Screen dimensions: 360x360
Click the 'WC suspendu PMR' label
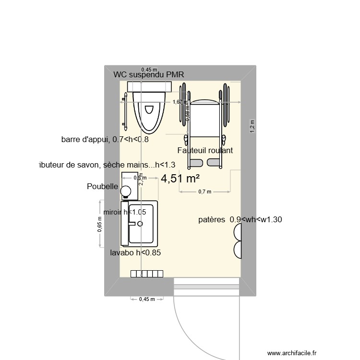pyautogui.click(x=149, y=74)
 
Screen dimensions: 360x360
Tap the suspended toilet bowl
pyautogui.click(x=149, y=111)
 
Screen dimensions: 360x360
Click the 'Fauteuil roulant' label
pyautogui.click(x=205, y=150)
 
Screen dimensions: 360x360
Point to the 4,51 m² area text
pyautogui.click(x=180, y=179)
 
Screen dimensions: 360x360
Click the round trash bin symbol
pyautogui.click(x=126, y=191)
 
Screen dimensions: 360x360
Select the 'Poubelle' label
pyautogui.click(x=102, y=186)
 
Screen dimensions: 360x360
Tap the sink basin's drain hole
pyautogui.click(x=140, y=223)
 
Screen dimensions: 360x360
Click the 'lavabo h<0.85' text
pyautogui.click(x=135, y=253)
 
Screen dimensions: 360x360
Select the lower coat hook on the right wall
pyautogui.click(x=238, y=250)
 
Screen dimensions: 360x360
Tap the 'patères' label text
pyautogui.click(x=212, y=220)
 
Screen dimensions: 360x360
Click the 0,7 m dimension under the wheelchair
pyautogui.click(x=205, y=192)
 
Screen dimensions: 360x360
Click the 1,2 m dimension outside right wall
pyautogui.click(x=253, y=125)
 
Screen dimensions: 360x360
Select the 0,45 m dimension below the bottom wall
pyautogui.click(x=147, y=299)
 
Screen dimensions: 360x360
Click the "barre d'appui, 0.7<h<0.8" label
pyautogui.click(x=105, y=140)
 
